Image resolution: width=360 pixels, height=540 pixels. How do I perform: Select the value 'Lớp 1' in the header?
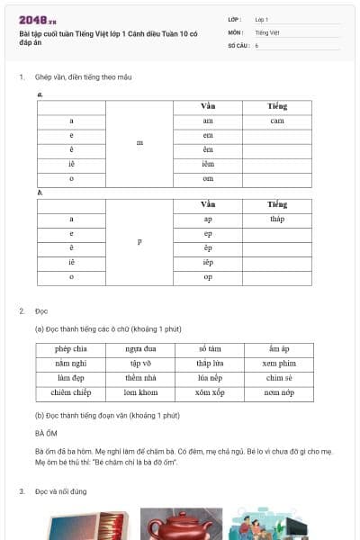(x=262, y=19)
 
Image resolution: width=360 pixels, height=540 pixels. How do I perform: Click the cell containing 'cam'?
(x=276, y=121)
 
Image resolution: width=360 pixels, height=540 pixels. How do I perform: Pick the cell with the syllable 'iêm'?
(x=208, y=164)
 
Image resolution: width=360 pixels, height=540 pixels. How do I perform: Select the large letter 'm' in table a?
(x=139, y=142)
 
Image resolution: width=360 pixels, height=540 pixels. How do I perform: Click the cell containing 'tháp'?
(x=276, y=219)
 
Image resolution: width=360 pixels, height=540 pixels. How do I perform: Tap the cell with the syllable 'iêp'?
(x=208, y=262)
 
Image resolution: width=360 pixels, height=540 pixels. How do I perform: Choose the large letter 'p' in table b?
(x=139, y=240)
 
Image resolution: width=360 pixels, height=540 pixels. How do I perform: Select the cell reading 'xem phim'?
(x=279, y=363)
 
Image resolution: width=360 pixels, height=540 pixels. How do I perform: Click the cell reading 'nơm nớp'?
(x=279, y=393)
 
